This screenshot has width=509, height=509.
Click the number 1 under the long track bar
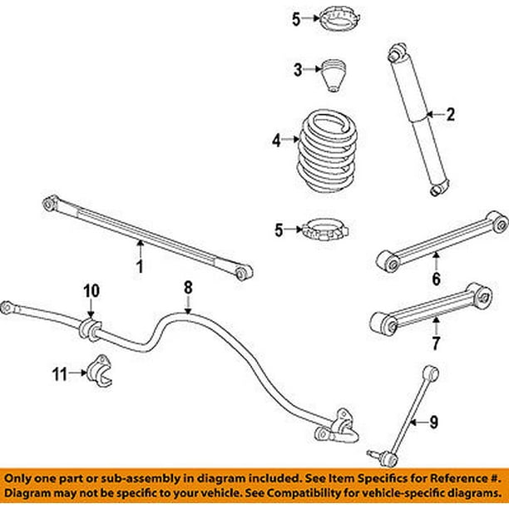(x=140, y=267)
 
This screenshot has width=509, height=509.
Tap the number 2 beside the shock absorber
(x=450, y=116)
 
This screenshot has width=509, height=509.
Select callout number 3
(x=296, y=71)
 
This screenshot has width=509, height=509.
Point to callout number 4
(x=276, y=141)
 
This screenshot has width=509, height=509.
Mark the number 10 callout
(x=91, y=290)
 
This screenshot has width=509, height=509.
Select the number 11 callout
(x=58, y=375)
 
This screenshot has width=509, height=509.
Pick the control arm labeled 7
(x=427, y=305)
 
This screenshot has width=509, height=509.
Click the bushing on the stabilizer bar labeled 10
(x=89, y=327)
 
